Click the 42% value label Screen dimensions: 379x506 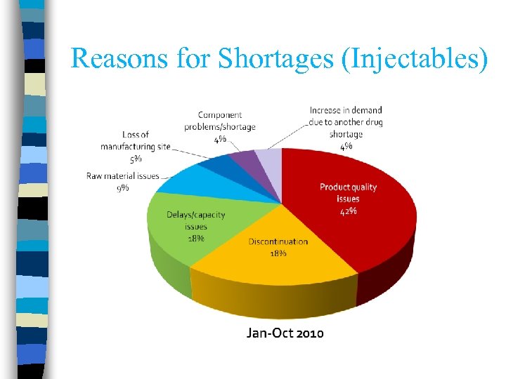pos(348,211)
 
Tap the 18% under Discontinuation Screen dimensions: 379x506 pos(278,253)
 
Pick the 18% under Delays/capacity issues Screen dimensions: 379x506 pos(196,238)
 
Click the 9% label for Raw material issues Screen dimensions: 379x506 pos(123,188)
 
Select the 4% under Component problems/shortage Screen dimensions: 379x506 pos(220,139)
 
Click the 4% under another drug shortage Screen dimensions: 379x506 pos(346,146)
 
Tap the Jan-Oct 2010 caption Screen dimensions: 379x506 pos(285,333)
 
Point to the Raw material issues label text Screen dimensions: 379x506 pos(123,175)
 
